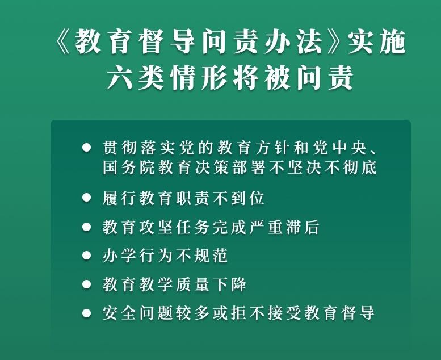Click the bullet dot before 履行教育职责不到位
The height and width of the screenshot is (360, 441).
[x=87, y=198]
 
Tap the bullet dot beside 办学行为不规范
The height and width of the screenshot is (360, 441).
[x=87, y=256]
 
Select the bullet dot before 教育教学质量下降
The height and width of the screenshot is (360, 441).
[x=87, y=284]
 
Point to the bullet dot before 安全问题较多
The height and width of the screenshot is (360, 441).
[x=87, y=313]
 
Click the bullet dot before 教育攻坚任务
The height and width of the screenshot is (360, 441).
[x=87, y=227]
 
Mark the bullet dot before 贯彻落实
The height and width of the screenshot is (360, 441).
[x=87, y=148]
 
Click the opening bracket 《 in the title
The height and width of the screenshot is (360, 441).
[x=63, y=42]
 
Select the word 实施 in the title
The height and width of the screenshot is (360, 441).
[x=377, y=41]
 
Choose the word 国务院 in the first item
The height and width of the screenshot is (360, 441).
[x=129, y=168]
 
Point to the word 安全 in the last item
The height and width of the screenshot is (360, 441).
[x=119, y=313]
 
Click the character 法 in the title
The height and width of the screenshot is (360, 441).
[x=310, y=41]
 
